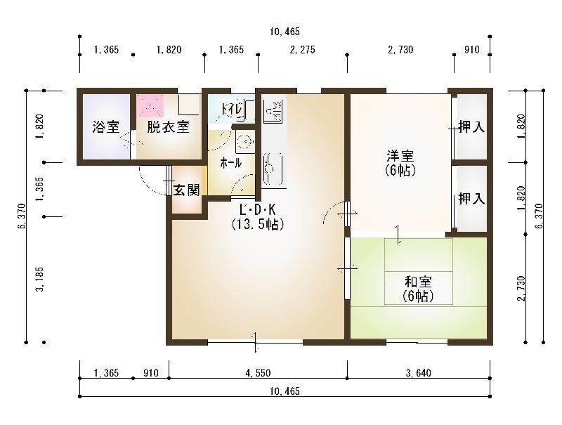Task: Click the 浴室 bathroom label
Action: click(x=106, y=127)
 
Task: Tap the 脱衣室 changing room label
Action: click(x=168, y=127)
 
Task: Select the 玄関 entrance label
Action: click(x=186, y=190)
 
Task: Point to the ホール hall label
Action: click(x=231, y=163)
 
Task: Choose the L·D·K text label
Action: click(x=258, y=209)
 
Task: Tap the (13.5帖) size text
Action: click(x=258, y=224)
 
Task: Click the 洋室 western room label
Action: click(x=400, y=156)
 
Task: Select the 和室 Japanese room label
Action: click(x=418, y=282)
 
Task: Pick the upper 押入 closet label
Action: click(x=471, y=126)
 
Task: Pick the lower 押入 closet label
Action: click(x=471, y=199)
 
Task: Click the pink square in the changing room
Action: click(x=150, y=105)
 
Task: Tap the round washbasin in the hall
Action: click(x=245, y=141)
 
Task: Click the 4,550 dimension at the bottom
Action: click(x=258, y=373)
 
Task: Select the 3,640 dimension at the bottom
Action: click(x=418, y=373)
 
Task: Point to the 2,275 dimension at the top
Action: click(x=303, y=49)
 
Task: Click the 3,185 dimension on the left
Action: click(x=40, y=279)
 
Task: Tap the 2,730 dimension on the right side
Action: click(x=521, y=288)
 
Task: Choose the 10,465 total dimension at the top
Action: click(x=285, y=32)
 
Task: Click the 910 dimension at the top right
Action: click(x=471, y=49)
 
